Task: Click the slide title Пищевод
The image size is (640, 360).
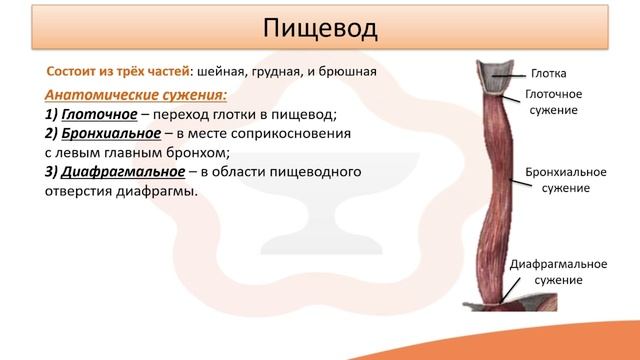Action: [x=320, y=29]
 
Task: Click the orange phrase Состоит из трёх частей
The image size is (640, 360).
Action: [x=120, y=73]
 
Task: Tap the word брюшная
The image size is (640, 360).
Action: [x=348, y=73]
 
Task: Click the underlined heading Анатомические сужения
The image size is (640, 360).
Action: [x=136, y=95]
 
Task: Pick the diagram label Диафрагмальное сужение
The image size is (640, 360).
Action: [x=559, y=272]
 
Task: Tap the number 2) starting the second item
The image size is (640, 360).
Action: [x=53, y=133]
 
